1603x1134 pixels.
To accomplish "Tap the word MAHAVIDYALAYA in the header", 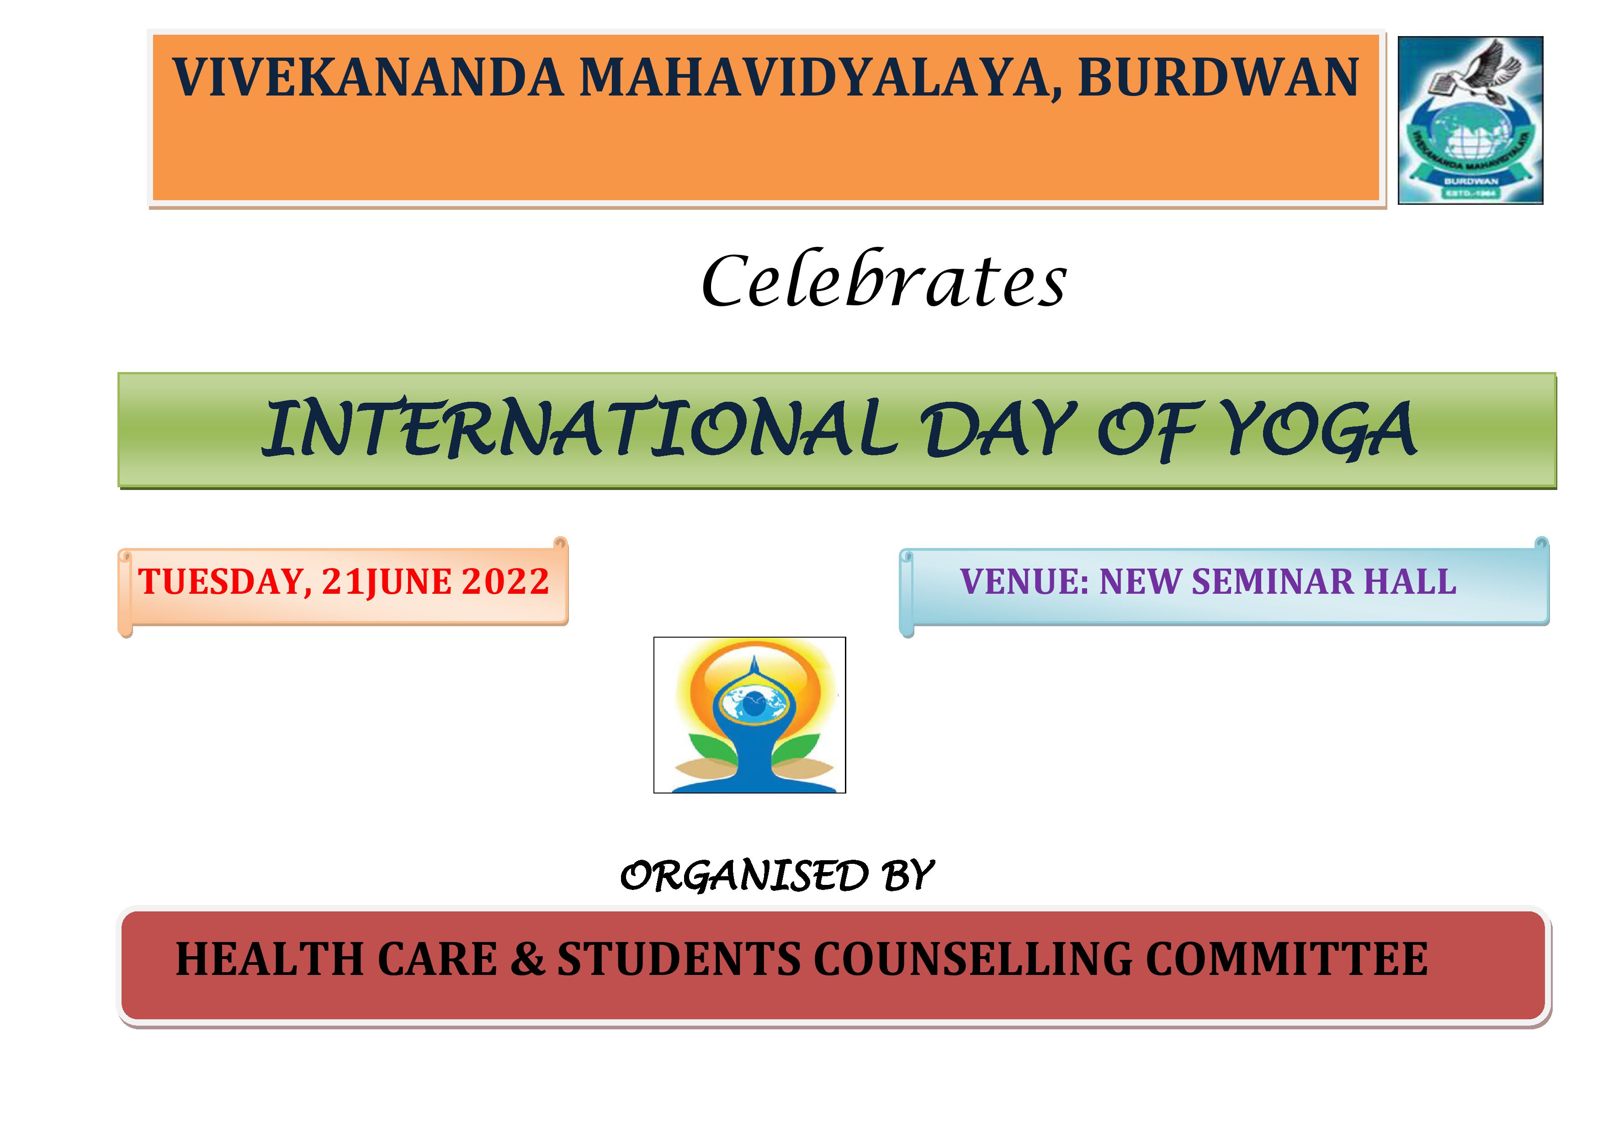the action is tap(821, 78).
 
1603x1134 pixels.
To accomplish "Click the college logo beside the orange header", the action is tap(1470, 120).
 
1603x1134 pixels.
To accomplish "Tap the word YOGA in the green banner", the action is tap(1320, 430).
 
